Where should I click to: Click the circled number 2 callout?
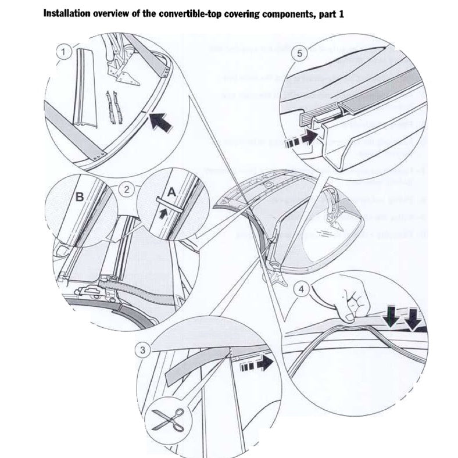pos(123,188)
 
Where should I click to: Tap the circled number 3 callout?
pos(141,349)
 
